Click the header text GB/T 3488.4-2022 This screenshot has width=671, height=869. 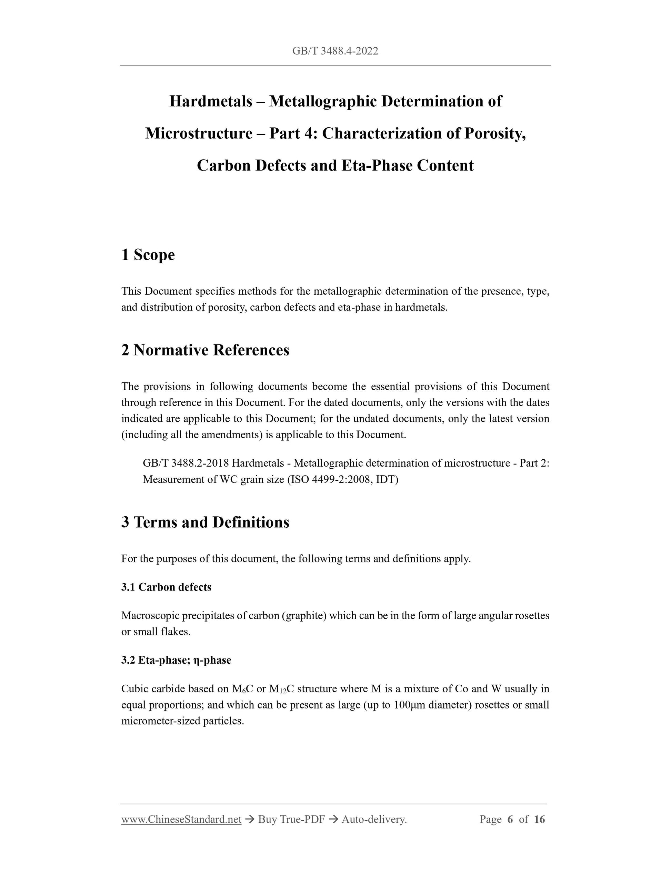point(335,51)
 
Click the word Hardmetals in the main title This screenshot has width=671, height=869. point(211,101)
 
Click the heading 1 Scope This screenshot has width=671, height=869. point(148,255)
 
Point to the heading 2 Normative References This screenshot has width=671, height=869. point(205,350)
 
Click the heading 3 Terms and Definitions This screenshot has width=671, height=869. point(205,523)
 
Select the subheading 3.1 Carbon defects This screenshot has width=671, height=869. point(166,587)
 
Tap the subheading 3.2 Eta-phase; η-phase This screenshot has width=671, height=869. point(176,660)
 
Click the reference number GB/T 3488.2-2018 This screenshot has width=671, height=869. point(186,463)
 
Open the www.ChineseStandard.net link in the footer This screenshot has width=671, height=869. point(181,819)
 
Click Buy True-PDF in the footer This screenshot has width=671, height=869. point(291,819)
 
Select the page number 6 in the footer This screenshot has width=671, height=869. point(510,819)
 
